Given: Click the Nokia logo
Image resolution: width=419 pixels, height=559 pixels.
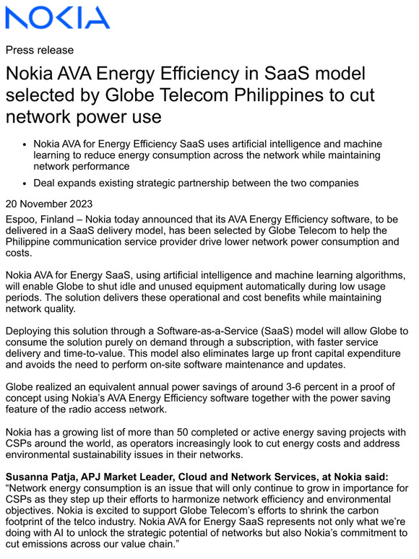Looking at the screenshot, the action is click(58, 18).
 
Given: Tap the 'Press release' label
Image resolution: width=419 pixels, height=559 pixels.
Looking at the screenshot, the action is click(40, 51).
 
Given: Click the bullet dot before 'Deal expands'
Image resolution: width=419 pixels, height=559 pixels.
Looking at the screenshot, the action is click(25, 183).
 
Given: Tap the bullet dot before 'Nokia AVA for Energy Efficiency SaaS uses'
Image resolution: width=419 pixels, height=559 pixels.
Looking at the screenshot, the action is click(25, 144).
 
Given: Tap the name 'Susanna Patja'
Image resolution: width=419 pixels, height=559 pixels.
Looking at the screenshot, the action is click(40, 477).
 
